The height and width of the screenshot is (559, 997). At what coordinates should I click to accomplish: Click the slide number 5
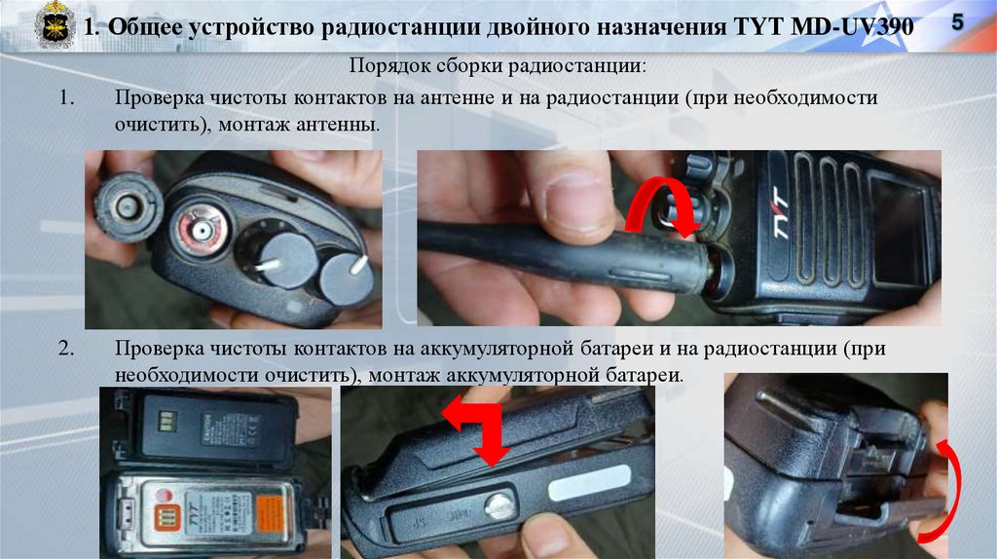tap(957, 22)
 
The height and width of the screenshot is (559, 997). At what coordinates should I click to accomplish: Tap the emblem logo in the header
tap(55, 25)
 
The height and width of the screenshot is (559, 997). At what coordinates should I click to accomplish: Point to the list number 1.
tap(66, 97)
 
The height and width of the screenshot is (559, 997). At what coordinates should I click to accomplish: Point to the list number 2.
tap(66, 348)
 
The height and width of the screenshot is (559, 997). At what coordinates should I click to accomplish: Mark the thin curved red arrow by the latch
tap(950, 490)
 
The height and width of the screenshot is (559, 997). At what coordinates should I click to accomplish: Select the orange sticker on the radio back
tap(270, 513)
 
